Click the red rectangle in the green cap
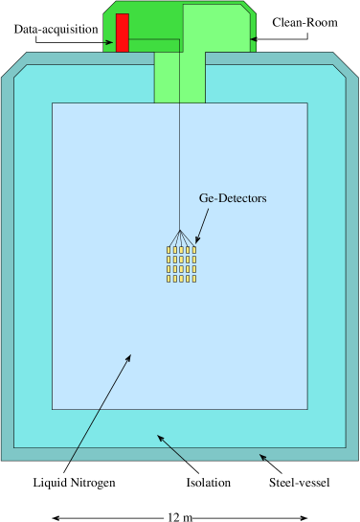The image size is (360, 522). click(122, 33)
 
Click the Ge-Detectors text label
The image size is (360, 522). click(232, 198)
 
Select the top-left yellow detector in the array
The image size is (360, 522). click(169, 250)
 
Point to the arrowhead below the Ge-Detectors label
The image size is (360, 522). click(197, 238)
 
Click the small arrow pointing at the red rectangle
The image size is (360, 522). click(108, 42)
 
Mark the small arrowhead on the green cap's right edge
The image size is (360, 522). click(253, 39)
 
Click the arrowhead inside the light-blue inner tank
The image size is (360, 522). click(128, 358)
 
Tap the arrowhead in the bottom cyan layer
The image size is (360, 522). click(161, 439)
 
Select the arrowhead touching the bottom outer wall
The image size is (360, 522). click(262, 457)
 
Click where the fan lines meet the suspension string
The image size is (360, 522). click(179, 230)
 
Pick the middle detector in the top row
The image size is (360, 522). click(181, 250)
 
